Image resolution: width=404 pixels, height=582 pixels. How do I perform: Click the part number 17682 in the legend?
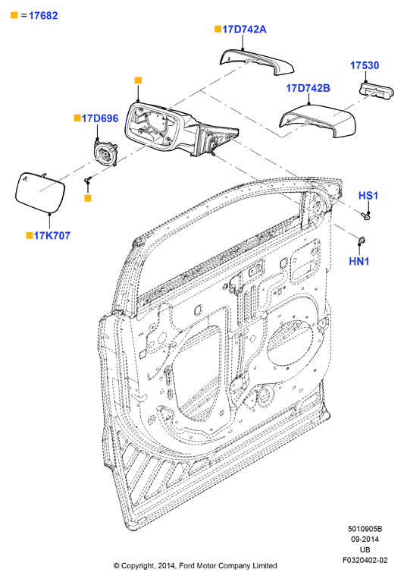[x=43, y=16]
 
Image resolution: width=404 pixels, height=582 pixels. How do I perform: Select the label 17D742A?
[x=244, y=30]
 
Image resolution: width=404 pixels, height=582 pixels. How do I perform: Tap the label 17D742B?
[x=308, y=88]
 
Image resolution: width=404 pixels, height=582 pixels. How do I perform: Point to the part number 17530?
[x=365, y=65]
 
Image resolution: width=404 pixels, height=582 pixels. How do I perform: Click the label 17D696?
[x=100, y=118]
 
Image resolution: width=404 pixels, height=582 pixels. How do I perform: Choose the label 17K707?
[x=52, y=236]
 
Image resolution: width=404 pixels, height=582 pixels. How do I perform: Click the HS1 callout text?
[x=368, y=196]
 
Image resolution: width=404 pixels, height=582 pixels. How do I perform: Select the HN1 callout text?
[x=359, y=261]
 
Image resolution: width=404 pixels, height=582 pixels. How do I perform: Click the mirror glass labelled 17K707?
[x=40, y=192]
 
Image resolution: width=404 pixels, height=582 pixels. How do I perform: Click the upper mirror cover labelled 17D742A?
[x=256, y=61]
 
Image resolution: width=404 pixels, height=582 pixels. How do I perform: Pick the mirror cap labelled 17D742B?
[x=318, y=121]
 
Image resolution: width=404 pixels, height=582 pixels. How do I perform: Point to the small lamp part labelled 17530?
[x=377, y=90]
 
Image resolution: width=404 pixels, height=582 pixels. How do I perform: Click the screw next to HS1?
[x=366, y=215]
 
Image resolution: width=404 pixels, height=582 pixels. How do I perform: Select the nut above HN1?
[x=362, y=240]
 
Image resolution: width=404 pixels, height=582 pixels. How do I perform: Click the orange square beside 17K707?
[x=30, y=235]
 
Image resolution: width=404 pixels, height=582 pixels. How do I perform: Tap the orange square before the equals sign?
[x=14, y=15]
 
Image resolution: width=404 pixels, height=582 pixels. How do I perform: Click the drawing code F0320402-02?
[x=365, y=560]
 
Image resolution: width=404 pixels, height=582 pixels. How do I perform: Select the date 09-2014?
[x=365, y=540]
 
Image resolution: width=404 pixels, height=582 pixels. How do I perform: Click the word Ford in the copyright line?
[x=186, y=565]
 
